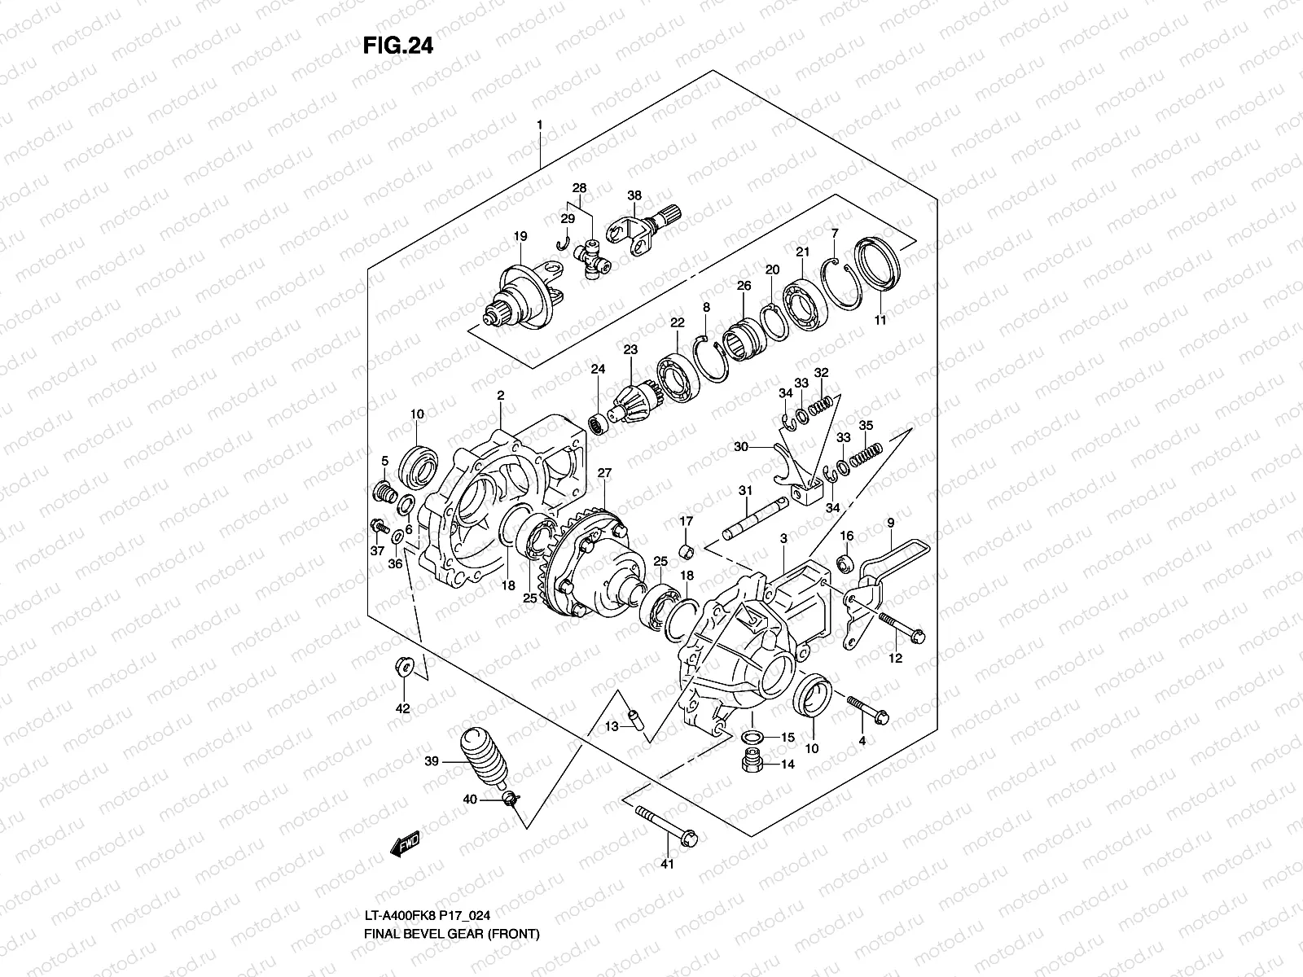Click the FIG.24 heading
(x=397, y=46)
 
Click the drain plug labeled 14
(x=750, y=764)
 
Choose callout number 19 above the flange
(x=520, y=236)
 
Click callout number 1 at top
(x=538, y=125)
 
